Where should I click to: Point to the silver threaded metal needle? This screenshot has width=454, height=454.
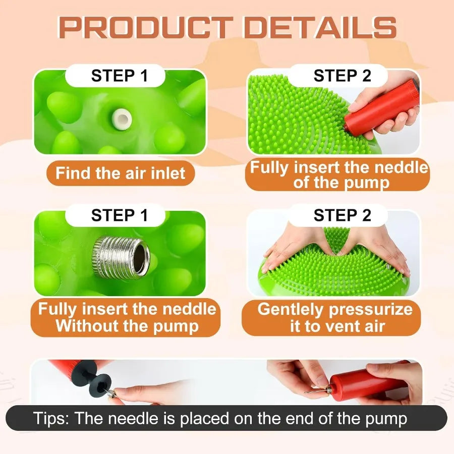(x=121, y=257)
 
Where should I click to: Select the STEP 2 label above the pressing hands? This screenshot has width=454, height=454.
(x=342, y=215)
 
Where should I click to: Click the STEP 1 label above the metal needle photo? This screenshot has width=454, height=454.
(x=120, y=215)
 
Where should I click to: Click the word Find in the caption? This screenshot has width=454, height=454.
(x=73, y=173)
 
